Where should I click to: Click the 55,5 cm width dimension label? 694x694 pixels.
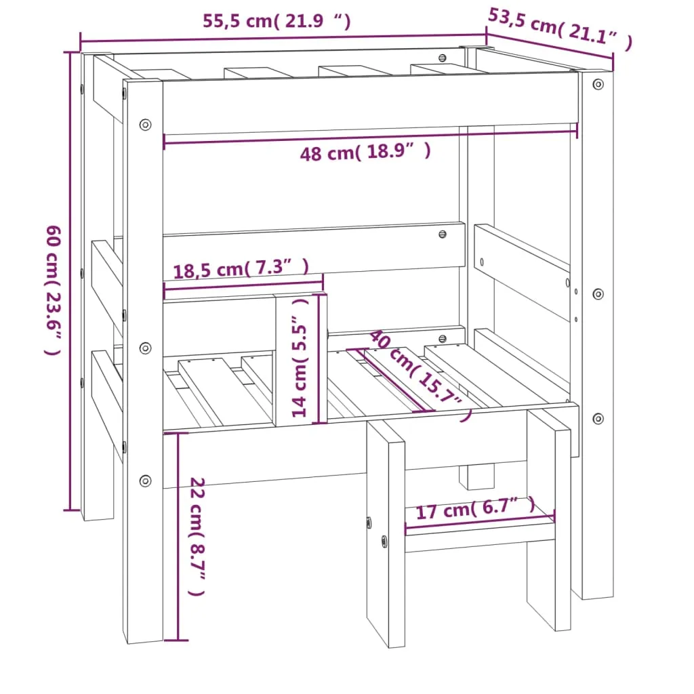(x=277, y=21)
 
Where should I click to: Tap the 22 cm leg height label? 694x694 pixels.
(x=197, y=536)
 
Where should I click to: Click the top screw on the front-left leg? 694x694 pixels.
(x=145, y=125)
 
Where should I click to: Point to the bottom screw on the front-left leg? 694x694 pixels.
(x=145, y=481)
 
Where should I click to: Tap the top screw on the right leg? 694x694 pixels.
(x=598, y=84)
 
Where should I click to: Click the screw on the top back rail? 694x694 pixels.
(x=443, y=59)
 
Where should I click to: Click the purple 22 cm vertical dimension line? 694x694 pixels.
(x=178, y=535)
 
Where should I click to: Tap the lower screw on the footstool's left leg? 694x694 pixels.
(x=384, y=541)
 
